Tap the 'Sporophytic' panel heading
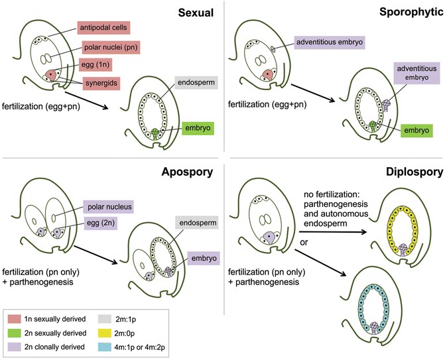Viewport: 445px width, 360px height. (409, 12)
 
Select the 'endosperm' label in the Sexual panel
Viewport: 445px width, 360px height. (196, 83)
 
